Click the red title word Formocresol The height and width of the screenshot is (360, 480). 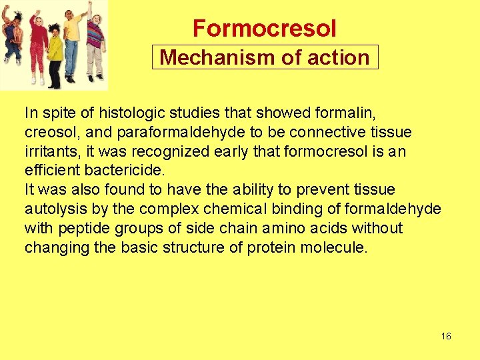click(265, 29)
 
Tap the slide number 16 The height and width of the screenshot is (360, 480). click(446, 336)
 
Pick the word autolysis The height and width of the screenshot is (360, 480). click(56, 209)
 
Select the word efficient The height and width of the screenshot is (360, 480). click(53, 171)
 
